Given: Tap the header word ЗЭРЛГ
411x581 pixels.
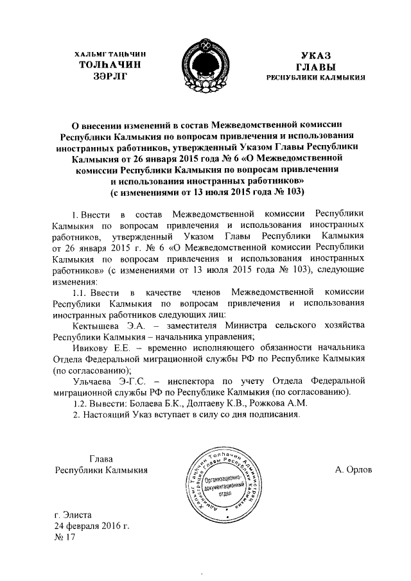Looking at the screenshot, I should click(107, 76).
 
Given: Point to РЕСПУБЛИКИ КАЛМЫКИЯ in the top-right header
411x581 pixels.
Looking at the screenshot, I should click(317, 78).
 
